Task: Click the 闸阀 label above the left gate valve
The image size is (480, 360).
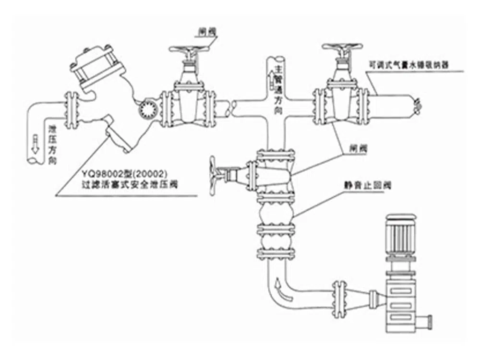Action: (207, 32)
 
